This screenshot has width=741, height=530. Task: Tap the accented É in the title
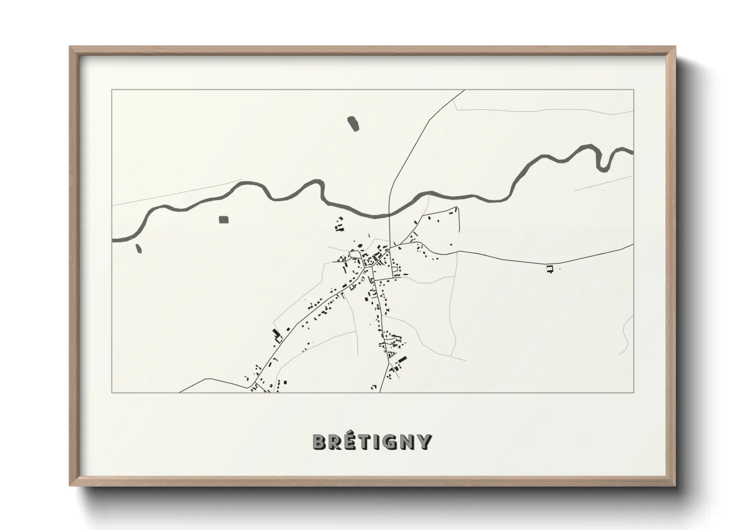[x=351, y=441]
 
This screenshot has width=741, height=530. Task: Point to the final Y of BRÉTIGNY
[x=425, y=442]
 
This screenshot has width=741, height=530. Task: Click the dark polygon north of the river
[x=353, y=123]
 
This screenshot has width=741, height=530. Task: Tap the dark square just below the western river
[x=223, y=219]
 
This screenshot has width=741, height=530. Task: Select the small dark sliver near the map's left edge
[x=138, y=248]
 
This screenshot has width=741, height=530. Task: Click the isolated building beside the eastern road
[x=550, y=269]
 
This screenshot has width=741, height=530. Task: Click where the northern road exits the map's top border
[x=464, y=90]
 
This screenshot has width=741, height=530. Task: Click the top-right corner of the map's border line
[x=633, y=90]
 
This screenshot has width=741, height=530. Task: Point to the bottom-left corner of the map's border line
[x=112, y=392]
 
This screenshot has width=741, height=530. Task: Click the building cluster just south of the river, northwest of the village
[x=339, y=224]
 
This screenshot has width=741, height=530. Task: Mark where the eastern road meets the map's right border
[x=633, y=244]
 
